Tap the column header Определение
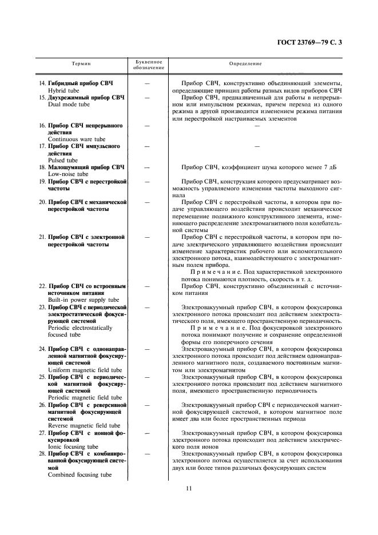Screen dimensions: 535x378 tap(245, 63)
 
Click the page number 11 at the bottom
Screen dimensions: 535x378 tap(189, 488)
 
